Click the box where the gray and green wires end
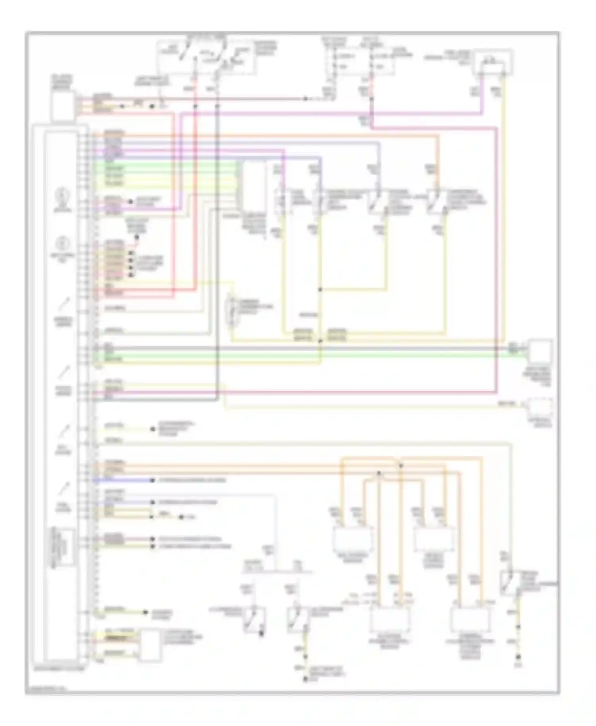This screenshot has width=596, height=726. [x=540, y=352]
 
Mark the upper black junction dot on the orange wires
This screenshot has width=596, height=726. [x=401, y=465]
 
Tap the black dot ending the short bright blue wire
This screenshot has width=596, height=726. [x=152, y=481]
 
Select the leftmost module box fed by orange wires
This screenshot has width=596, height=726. [x=353, y=539]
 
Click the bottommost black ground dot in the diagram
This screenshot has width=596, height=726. [x=305, y=680]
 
